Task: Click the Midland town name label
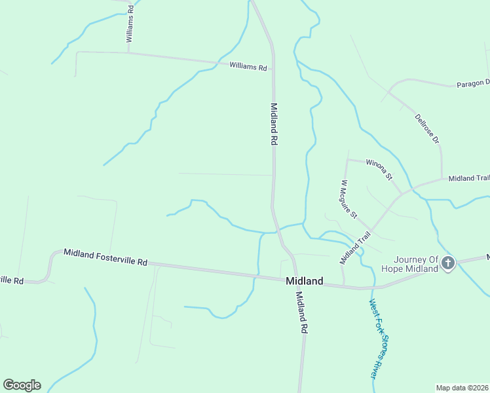[305, 281]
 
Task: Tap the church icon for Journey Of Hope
[448, 263]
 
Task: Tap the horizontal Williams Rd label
[248, 67]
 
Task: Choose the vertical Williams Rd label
[130, 24]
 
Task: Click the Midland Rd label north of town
[274, 124]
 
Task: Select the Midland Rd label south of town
[301, 313]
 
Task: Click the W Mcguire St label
[349, 200]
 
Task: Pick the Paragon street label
[472, 83]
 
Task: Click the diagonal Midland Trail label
[352, 248]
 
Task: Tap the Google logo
[22, 385]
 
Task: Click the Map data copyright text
[462, 388]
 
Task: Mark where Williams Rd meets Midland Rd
[273, 68]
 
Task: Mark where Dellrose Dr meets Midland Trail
[443, 179]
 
